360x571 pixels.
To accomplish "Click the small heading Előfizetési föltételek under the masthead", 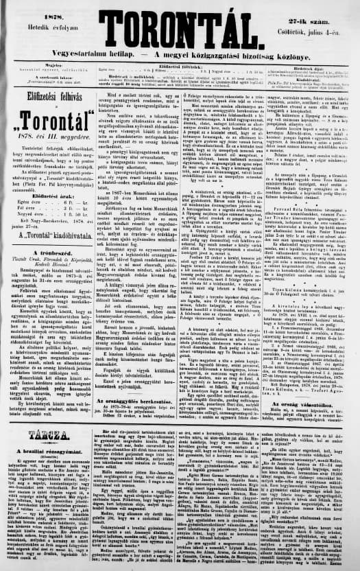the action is [x=179, y=62].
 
